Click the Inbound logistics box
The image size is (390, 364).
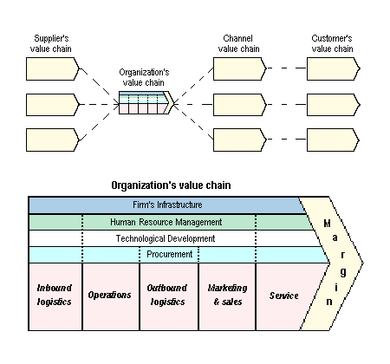point(55,296)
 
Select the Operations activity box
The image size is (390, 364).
point(111,296)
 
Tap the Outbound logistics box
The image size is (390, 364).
point(169,296)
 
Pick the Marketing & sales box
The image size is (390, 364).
point(227,296)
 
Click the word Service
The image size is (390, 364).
point(283,296)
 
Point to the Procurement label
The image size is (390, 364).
point(169,254)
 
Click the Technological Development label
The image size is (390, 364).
point(166,238)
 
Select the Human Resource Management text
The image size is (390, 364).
point(166,222)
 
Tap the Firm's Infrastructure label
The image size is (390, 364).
point(167,205)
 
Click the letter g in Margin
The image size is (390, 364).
point(343,272)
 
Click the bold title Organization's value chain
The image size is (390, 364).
point(171,185)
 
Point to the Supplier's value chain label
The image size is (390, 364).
point(51,43)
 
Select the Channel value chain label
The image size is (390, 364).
point(238,43)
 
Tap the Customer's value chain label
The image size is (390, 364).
point(332,43)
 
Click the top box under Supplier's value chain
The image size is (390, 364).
point(52,68)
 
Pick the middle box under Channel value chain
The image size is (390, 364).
point(239,105)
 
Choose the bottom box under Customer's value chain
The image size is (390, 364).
point(333,140)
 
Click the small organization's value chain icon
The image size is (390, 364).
point(146,102)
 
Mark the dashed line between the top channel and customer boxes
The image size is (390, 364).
point(287,68)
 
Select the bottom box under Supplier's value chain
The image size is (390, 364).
point(52,140)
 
